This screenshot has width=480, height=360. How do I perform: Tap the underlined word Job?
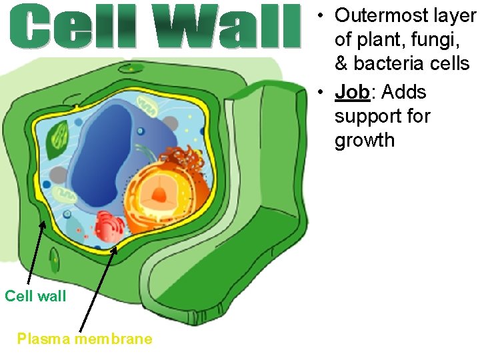[352, 92]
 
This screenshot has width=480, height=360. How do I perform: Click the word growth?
[364, 141]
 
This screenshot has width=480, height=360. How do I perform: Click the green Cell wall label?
[35, 296]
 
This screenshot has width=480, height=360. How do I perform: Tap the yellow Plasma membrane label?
[85, 339]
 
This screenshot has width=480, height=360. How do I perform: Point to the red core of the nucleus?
[160, 194]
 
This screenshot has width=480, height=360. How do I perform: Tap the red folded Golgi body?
[109, 227]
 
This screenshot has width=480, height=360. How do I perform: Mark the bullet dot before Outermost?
[321, 15]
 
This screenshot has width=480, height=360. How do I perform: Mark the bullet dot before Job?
[321, 93]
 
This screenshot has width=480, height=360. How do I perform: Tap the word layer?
[453, 15]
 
